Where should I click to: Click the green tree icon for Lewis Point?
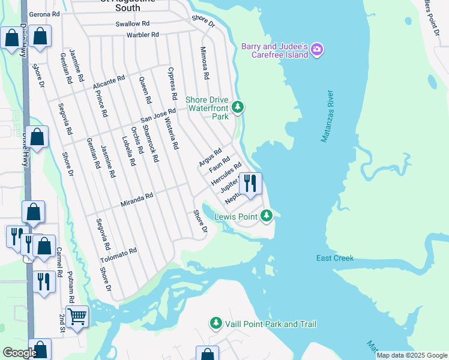[267, 215]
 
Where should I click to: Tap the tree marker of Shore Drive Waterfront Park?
[238, 107]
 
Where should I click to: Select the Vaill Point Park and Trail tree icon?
[215, 324]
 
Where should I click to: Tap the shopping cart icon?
[77, 316]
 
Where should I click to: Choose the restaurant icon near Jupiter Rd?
[250, 183]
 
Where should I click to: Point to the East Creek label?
[335, 258]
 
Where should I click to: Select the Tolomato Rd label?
[119, 255]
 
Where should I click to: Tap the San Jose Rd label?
[158, 115]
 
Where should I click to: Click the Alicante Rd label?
[109, 83]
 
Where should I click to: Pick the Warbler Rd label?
[142, 35]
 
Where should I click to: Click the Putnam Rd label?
[70, 290]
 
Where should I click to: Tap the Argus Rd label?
[210, 157]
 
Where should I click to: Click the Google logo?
[20, 353]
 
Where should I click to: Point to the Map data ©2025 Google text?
[411, 355]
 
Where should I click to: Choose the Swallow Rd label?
[133, 24]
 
